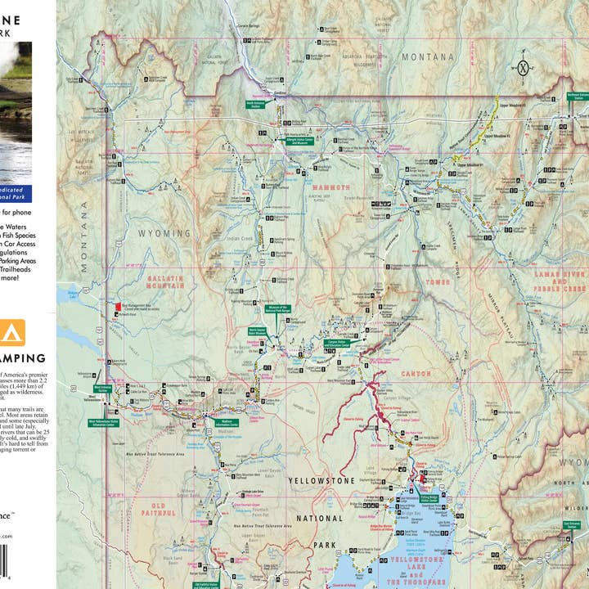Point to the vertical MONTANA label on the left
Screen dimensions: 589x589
pos(84,237)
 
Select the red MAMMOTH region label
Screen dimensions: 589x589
pos(328,187)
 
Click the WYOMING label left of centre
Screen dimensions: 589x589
pos(163,233)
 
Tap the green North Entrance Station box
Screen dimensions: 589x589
pos(259,105)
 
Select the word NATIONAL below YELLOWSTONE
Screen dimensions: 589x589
pos(321,518)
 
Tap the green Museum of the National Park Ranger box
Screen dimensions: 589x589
pos(277,310)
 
